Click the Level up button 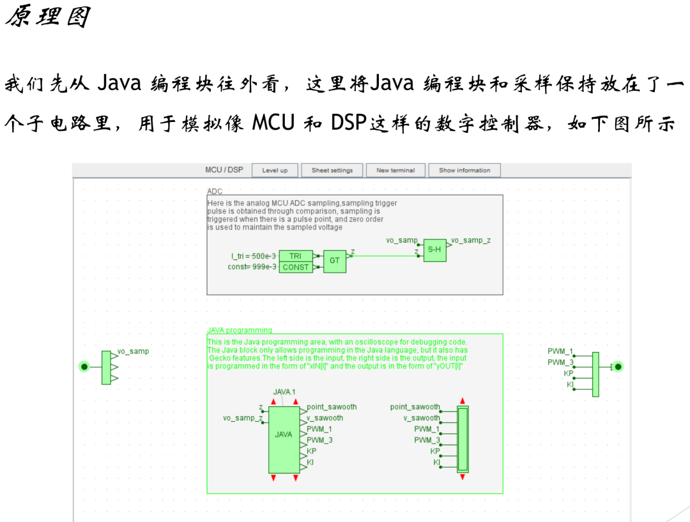tap(275, 170)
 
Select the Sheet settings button tap(332, 170)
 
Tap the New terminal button tap(395, 170)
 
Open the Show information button tap(464, 170)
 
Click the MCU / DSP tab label tap(224, 170)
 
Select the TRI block tap(295, 256)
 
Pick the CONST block tap(295, 267)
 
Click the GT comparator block tap(334, 261)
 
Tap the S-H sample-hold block tap(434, 250)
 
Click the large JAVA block tap(284, 434)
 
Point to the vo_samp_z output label tap(471, 241)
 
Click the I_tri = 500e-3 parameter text tap(254, 256)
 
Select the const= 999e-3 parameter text tap(252, 267)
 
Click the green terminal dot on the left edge tap(84, 367)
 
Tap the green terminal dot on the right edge tap(618, 367)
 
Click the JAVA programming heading tap(240, 330)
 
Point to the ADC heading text tap(215, 191)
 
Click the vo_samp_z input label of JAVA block tap(242, 418)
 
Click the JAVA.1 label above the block tap(284, 391)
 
